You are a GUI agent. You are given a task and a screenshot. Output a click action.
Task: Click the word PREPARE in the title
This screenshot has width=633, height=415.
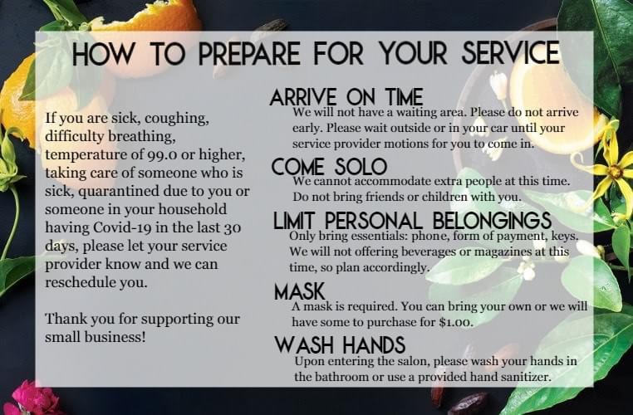coord(249,53)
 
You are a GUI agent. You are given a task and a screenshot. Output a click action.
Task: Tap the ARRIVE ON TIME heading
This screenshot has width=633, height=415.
coord(346,97)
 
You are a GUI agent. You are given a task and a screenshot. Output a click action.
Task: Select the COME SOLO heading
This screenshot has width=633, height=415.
coord(329,166)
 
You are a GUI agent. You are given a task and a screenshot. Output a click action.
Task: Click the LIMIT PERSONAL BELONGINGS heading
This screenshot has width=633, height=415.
coord(412,221)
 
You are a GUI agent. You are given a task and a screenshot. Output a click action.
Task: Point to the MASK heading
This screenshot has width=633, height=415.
coord(299,291)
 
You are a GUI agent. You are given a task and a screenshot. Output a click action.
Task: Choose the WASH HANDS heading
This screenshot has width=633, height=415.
coord(340,344)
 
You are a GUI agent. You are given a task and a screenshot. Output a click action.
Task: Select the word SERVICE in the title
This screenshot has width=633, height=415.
coord(511,52)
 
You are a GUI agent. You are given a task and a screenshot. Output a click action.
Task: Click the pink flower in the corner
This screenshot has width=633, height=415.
coord(33,399)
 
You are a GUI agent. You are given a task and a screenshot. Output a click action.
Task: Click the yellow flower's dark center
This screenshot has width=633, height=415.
coord(615,172)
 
